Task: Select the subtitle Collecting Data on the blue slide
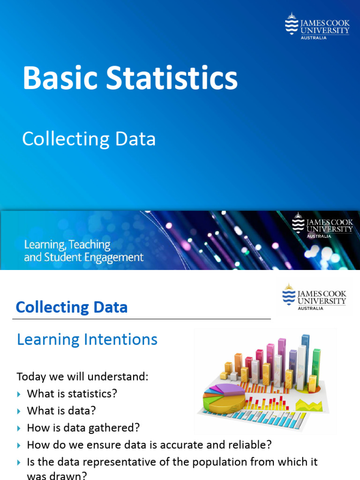click(89, 139)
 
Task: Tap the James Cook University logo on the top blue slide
click(317, 26)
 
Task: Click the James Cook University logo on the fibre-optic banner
click(322, 225)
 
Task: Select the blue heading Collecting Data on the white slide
click(71, 307)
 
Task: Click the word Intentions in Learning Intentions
click(123, 339)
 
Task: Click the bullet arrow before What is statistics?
click(19, 394)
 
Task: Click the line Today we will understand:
click(82, 376)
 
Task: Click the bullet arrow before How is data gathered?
click(19, 428)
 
